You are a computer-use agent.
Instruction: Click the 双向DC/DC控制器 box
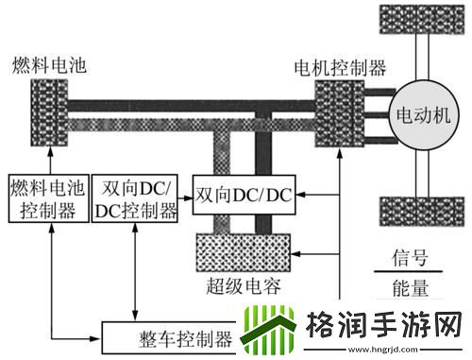point(135,197)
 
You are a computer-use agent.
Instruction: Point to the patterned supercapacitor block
point(244,251)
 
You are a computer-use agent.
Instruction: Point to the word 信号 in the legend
point(415,257)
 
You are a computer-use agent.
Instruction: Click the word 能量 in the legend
point(415,286)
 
